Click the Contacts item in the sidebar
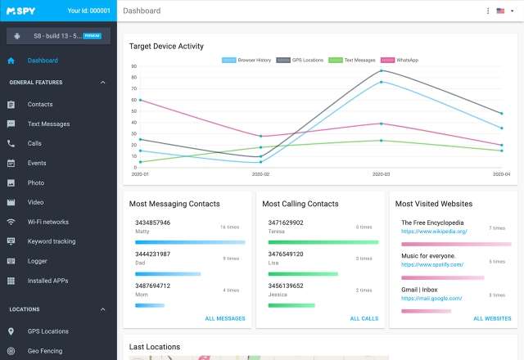click(x=39, y=105)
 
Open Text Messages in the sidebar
click(x=48, y=124)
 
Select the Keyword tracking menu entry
click(x=51, y=241)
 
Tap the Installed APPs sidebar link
click(x=48, y=281)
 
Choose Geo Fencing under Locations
click(x=44, y=351)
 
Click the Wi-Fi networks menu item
click(x=47, y=222)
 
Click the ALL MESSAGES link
click(x=225, y=318)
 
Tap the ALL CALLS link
click(x=364, y=318)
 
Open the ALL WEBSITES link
click(x=492, y=318)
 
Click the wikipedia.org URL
click(x=434, y=232)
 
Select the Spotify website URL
click(x=432, y=264)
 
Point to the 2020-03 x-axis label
click(x=382, y=174)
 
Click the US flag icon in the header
click(x=500, y=11)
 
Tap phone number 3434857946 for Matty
click(x=152, y=223)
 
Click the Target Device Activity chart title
click(x=166, y=46)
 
